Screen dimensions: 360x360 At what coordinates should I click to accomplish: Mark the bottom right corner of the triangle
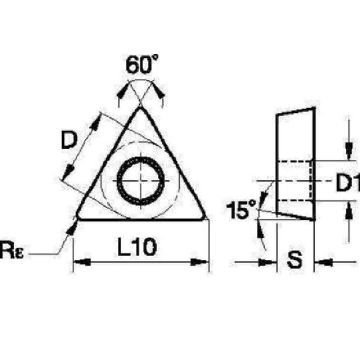(205, 218)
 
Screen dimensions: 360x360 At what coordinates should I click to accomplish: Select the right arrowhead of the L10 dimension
(200, 262)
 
